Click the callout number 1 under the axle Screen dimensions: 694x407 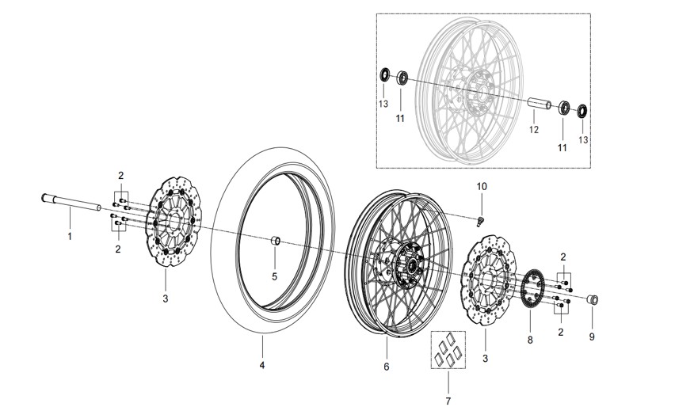point(70,237)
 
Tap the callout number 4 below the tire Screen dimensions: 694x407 point(262,365)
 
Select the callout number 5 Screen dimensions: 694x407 point(274,276)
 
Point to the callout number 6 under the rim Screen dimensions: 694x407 point(387,367)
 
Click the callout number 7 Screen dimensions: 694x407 point(448,401)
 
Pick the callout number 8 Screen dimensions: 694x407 point(530,340)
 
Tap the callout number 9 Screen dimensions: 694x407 point(592,337)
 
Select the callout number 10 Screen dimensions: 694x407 point(482,187)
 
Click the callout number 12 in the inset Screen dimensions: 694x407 point(534,130)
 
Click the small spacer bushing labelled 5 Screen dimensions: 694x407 point(275,241)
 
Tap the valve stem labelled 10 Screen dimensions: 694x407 point(480,221)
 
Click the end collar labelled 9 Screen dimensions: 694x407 point(593,299)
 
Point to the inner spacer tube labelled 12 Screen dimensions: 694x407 point(539,104)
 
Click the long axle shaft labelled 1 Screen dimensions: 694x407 point(71,203)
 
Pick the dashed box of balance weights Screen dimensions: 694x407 point(448,350)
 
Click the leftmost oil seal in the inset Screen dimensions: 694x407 point(384,74)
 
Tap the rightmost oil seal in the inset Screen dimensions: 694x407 point(582,111)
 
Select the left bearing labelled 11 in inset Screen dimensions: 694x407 point(402,78)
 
